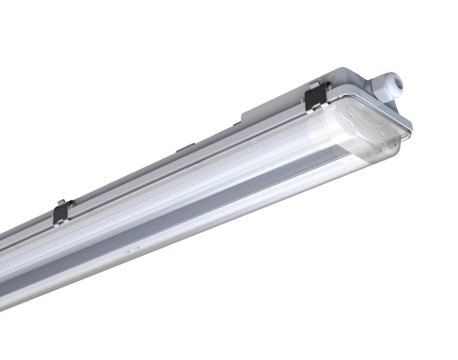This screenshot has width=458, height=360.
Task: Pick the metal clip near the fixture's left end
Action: point(61,213)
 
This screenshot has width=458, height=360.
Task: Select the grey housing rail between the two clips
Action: point(180,162)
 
